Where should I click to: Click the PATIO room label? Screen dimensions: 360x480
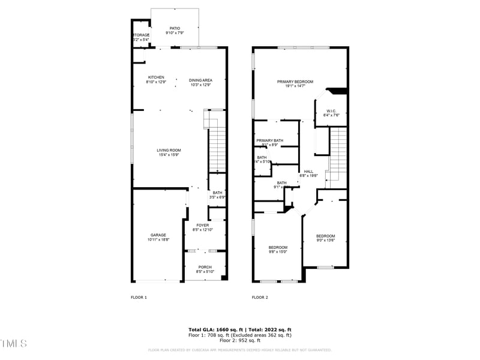[175, 28]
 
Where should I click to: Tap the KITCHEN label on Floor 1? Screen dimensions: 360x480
[156, 77]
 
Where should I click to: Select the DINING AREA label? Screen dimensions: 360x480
[200, 80]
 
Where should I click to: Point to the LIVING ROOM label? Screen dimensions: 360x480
[169, 150]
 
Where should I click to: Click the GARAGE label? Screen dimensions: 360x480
[158, 235]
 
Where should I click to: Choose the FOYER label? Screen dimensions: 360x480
[202, 225]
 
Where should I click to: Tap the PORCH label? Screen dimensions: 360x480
[205, 267]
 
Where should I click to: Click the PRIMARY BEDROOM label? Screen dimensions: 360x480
[295, 82]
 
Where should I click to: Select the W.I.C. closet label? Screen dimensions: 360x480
[333, 111]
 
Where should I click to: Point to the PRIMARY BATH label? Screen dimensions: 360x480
[269, 140]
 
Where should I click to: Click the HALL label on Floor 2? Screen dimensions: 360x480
[308, 172]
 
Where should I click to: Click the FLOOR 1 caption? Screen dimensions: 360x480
[139, 297]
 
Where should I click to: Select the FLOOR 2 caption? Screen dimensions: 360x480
[259, 297]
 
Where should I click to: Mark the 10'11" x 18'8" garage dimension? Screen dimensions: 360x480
[158, 239]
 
